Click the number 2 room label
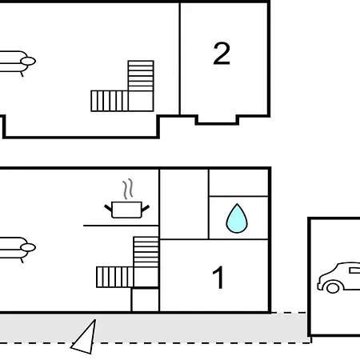(222, 54)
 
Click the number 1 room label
(218, 278)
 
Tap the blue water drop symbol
(237, 218)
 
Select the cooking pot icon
(126, 210)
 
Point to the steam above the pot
(128, 189)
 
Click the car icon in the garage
(338, 278)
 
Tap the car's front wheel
(333, 287)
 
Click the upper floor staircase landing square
(141, 101)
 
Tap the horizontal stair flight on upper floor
(110, 101)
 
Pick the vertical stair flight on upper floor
(141, 76)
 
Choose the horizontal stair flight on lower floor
(115, 277)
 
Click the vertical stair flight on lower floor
(146, 252)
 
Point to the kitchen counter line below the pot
(121, 226)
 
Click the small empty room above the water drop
(238, 182)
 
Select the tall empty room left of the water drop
(184, 204)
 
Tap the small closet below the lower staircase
(146, 299)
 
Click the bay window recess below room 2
(217, 120)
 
